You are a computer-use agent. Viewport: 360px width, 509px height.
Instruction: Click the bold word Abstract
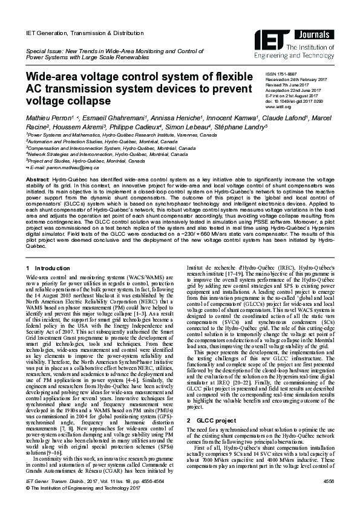tap(37, 180)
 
